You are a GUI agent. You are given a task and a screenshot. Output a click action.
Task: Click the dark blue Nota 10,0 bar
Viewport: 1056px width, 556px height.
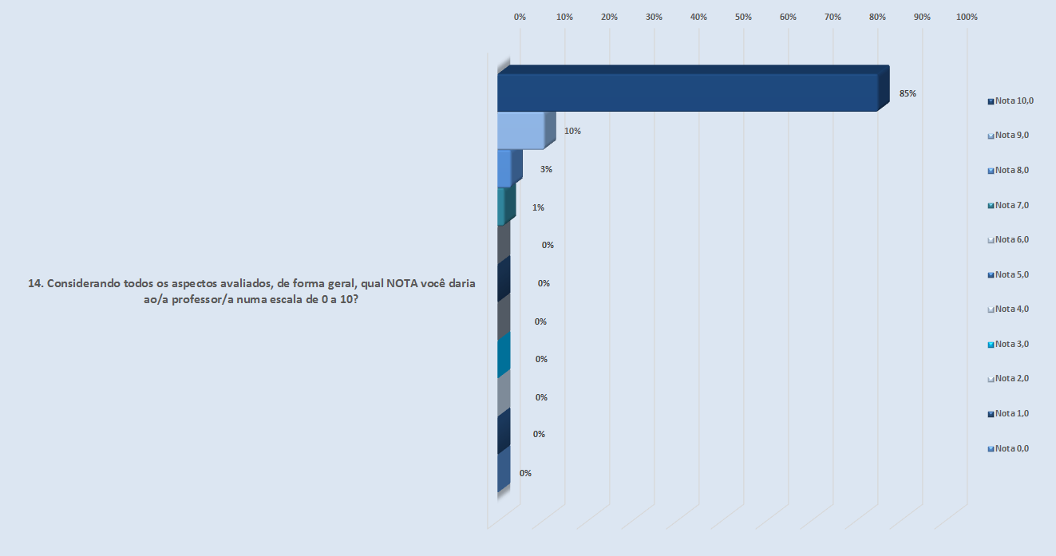click(x=686, y=92)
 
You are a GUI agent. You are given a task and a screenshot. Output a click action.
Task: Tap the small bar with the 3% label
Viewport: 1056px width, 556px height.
click(x=504, y=168)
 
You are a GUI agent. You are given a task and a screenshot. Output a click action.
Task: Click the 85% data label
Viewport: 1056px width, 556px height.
click(x=908, y=93)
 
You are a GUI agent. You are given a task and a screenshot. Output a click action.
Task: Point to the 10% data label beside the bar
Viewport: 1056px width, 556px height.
click(x=572, y=131)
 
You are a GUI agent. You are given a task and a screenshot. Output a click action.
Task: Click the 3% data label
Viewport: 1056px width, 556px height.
click(x=546, y=169)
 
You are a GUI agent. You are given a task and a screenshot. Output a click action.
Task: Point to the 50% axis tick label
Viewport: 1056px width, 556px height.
click(x=744, y=17)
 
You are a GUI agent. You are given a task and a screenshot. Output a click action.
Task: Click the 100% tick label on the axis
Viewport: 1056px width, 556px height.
click(x=967, y=17)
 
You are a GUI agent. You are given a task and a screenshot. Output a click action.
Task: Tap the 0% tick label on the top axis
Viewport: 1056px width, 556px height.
click(x=520, y=17)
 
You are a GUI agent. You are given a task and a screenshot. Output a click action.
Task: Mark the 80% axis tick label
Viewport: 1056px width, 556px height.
click(x=878, y=17)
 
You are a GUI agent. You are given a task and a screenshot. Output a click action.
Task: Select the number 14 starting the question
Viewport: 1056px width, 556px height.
click(x=34, y=283)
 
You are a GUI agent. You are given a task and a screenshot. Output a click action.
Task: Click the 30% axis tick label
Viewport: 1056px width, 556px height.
click(x=655, y=17)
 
